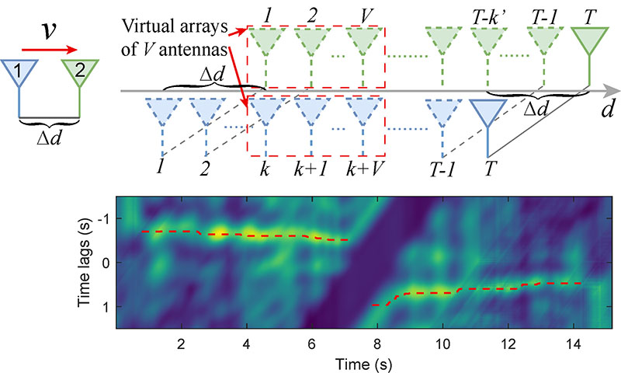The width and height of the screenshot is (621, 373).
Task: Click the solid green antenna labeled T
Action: pyautogui.click(x=588, y=40)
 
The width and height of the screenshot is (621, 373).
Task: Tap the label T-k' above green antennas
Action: pyautogui.click(x=487, y=15)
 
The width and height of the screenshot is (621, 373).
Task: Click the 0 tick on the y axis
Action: pyautogui.click(x=106, y=263)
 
